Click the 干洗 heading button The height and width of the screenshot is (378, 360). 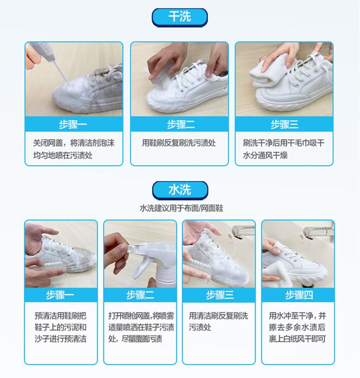click(x=180, y=17)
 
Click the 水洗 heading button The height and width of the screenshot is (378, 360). click(x=180, y=190)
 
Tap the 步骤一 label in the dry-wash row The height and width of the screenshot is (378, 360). click(x=73, y=124)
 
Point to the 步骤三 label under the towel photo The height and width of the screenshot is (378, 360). click(x=284, y=124)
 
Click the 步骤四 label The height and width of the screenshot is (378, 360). click(x=299, y=295)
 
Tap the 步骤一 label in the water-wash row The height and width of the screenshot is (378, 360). click(x=60, y=295)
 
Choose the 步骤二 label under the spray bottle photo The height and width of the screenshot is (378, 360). click(x=140, y=295)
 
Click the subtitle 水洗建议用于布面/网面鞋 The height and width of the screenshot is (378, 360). click(x=181, y=208)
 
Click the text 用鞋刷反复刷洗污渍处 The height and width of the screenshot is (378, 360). click(x=179, y=143)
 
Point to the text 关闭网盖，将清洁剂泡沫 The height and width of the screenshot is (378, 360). click(x=74, y=143)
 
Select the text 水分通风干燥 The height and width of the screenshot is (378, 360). click(x=265, y=155)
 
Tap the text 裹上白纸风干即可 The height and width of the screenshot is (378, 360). click(x=298, y=339)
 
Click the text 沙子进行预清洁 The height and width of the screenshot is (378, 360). click(x=61, y=339)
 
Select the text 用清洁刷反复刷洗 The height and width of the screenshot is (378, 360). click(x=218, y=316)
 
